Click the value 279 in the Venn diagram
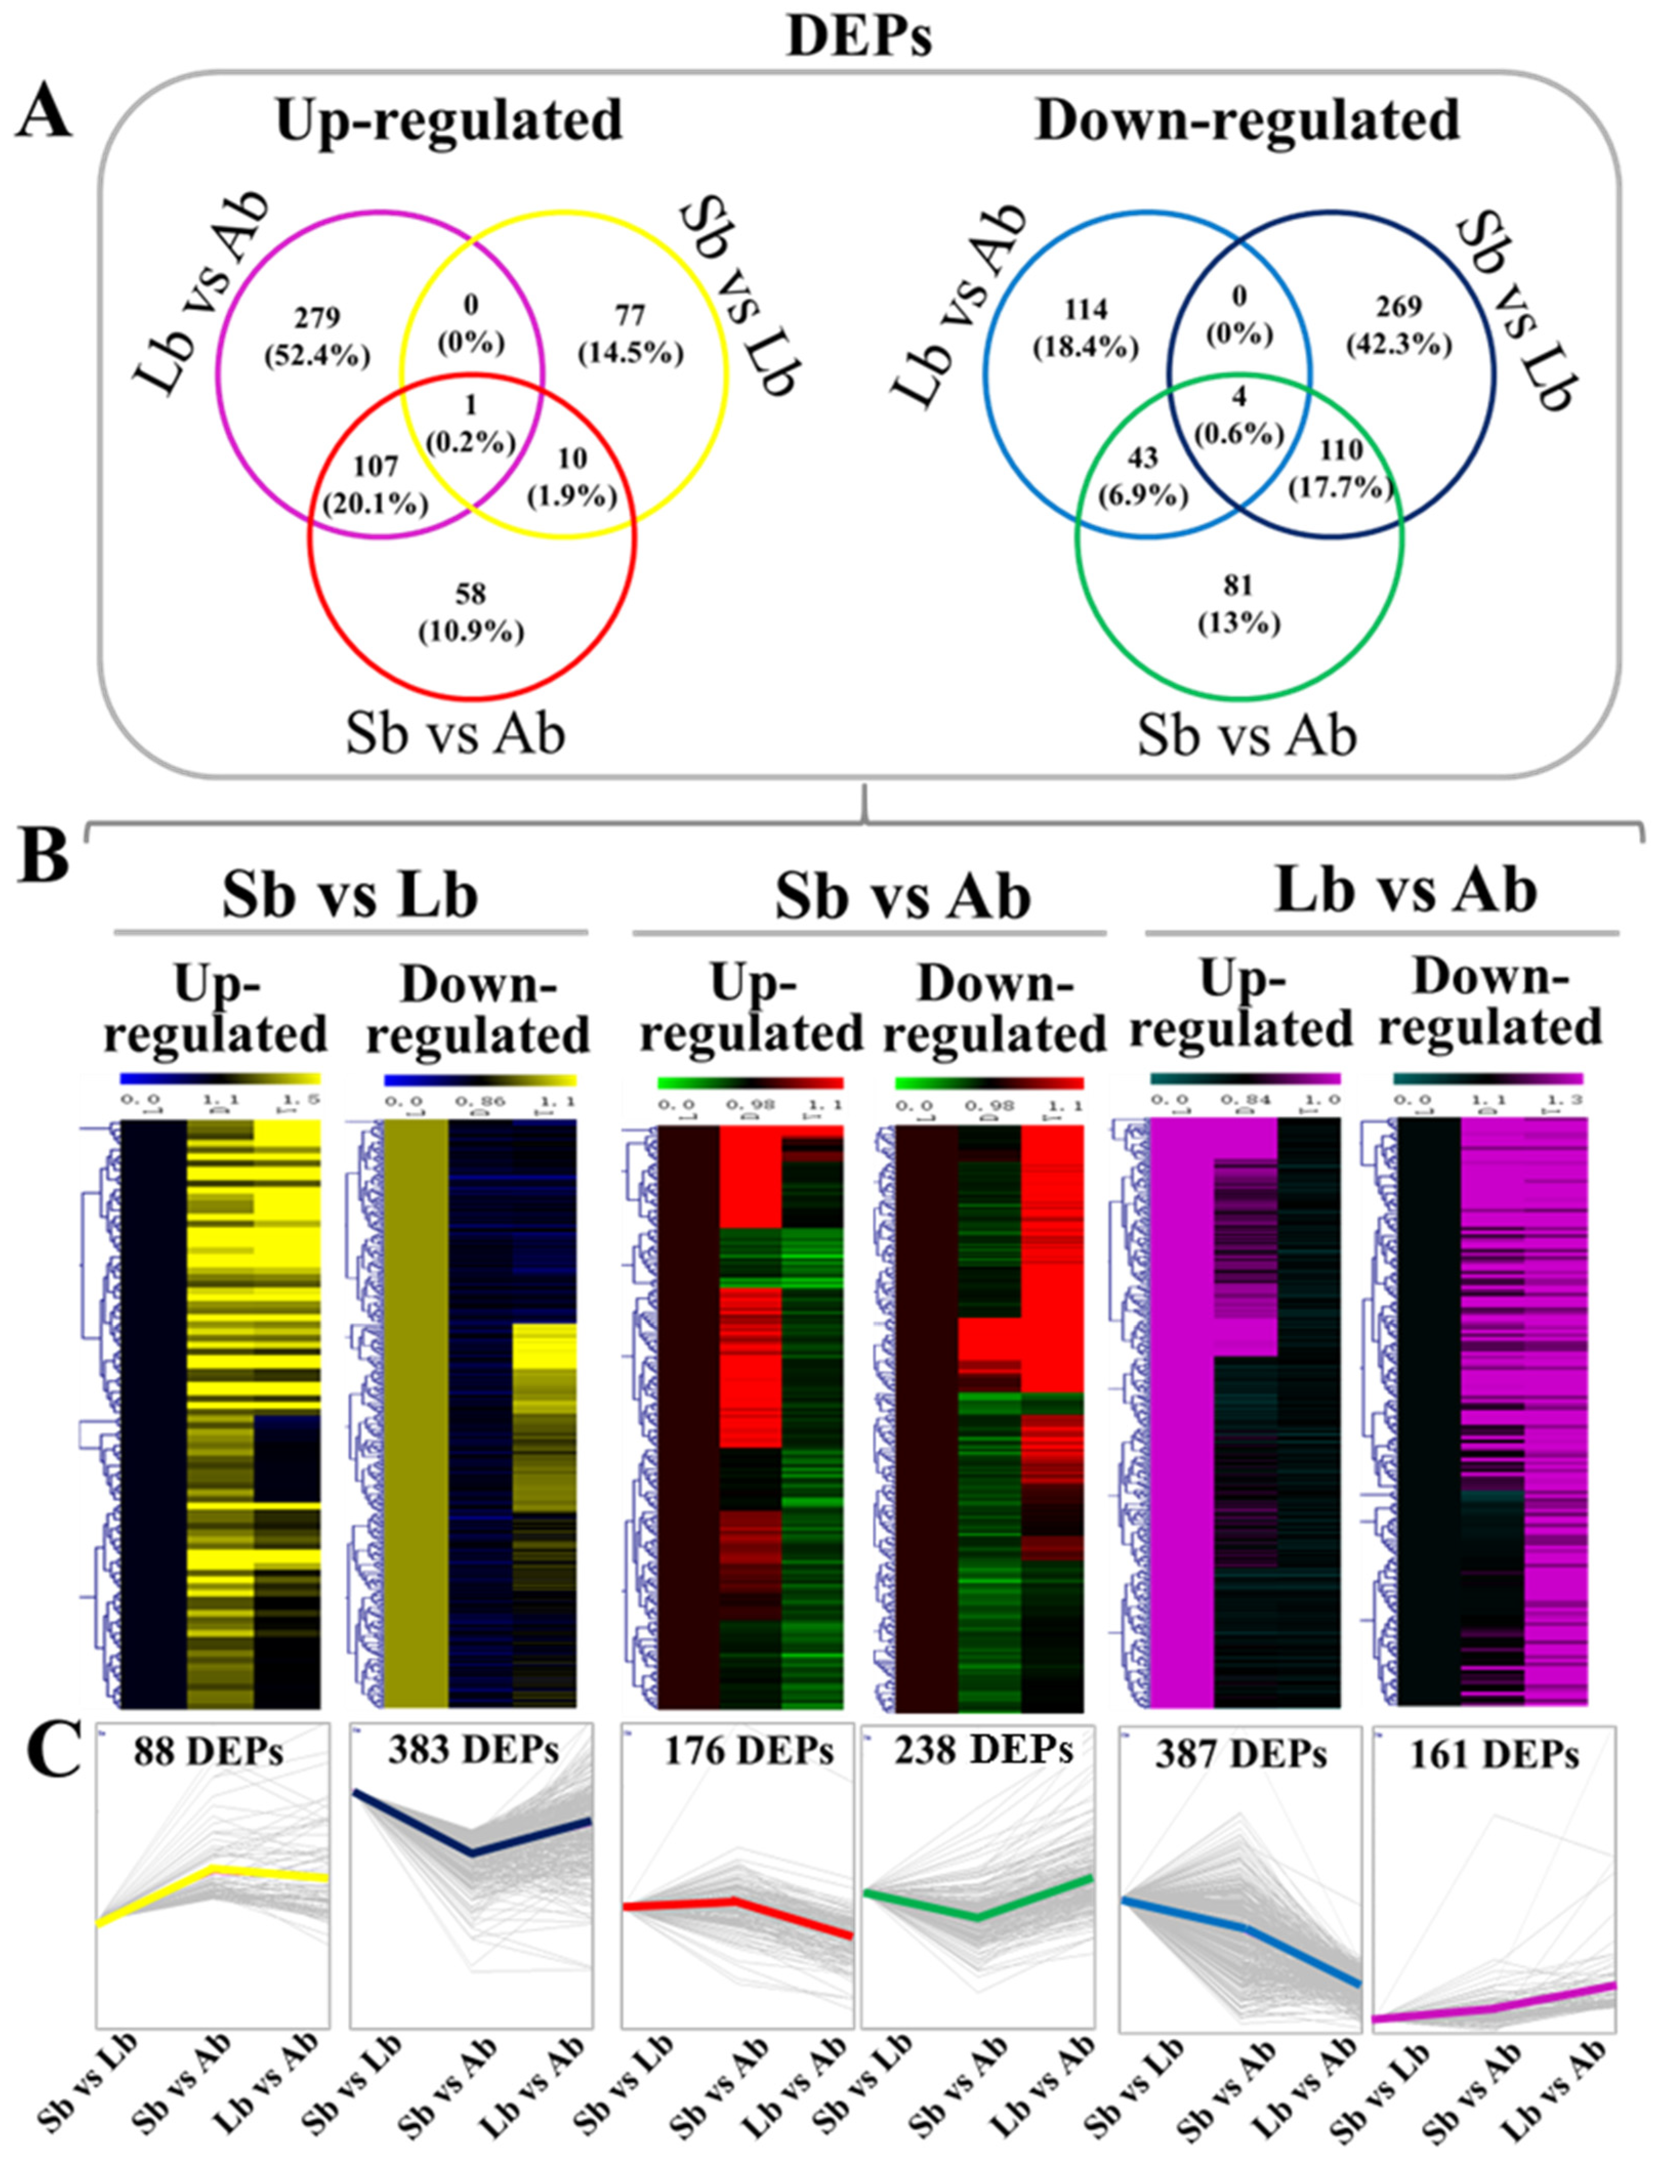coord(316,317)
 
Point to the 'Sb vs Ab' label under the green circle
coord(1247,735)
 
